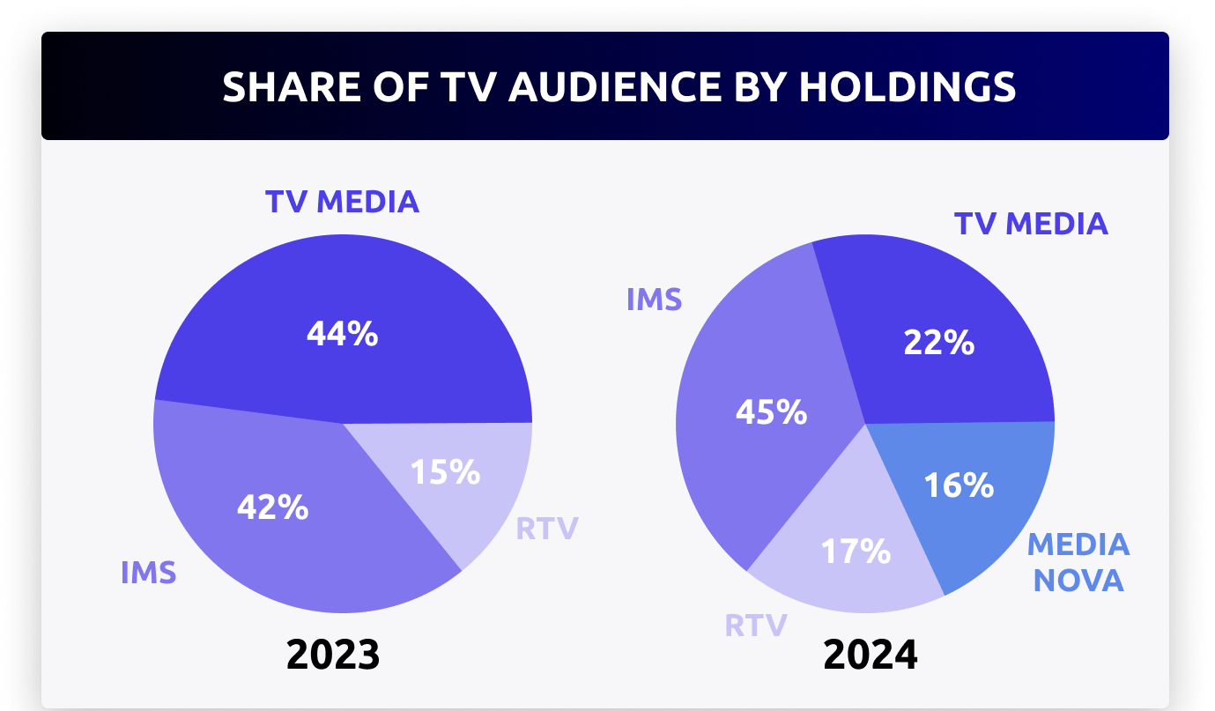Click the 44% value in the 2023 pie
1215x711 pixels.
pyautogui.click(x=342, y=334)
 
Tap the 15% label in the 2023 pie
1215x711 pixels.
pyautogui.click(x=445, y=472)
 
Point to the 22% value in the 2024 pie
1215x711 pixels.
pyautogui.click(x=938, y=342)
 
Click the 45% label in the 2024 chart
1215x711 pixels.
pyautogui.click(x=772, y=411)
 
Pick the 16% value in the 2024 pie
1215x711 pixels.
pyautogui.click(x=959, y=485)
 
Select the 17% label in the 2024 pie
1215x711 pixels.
pyautogui.click(x=855, y=552)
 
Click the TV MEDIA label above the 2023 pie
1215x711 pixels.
pyautogui.click(x=342, y=202)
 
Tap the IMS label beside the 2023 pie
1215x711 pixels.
pyautogui.click(x=148, y=573)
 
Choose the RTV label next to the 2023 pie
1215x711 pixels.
pyautogui.click(x=546, y=529)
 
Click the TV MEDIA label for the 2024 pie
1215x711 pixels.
pyautogui.click(x=1031, y=224)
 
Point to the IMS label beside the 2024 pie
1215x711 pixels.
pyautogui.click(x=654, y=300)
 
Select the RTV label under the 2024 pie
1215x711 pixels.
pyautogui.click(x=755, y=626)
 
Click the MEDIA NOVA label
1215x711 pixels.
pyautogui.click(x=1078, y=562)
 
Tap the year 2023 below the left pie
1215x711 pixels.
pyautogui.click(x=333, y=655)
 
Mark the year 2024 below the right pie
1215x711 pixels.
pyautogui.click(x=870, y=655)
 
